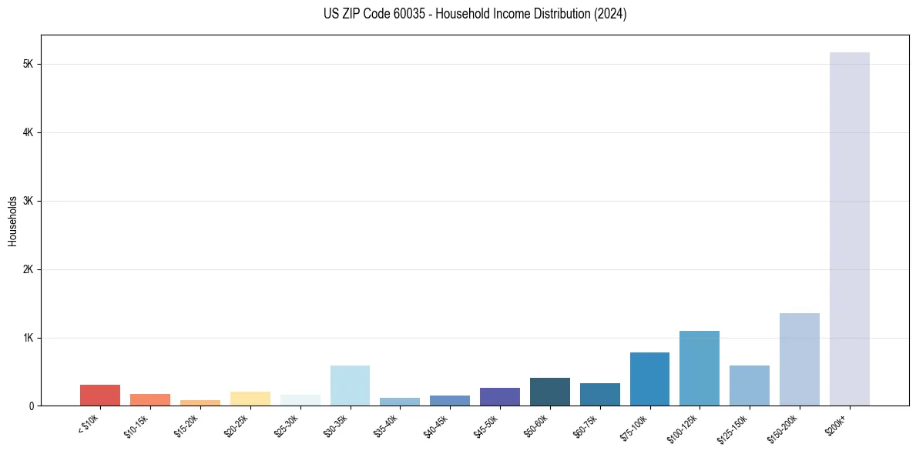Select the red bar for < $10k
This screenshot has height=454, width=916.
100,395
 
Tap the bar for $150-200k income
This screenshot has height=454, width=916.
799,359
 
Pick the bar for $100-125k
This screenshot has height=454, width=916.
699,368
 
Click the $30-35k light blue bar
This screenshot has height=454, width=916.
350,386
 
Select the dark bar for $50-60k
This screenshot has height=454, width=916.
549,392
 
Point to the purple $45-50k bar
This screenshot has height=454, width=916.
499,396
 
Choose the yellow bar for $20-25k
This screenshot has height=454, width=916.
250,399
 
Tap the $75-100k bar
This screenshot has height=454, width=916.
649,379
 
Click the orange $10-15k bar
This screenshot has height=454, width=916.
150,399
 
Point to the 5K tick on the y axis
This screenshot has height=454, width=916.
28,64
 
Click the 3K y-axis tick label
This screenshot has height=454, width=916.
28,201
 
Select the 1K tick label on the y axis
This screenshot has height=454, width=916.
28,338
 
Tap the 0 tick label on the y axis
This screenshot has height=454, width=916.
31,406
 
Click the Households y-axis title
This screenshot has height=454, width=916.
12,221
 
